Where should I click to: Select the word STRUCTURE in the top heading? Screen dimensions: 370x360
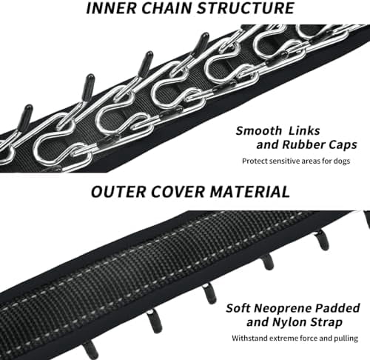(x=246, y=8)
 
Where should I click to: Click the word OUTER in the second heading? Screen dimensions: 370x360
(x=118, y=192)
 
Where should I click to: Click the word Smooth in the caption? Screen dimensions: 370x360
(x=258, y=130)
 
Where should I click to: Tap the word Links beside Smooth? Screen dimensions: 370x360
(x=305, y=130)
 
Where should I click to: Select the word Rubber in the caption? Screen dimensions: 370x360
(x=304, y=144)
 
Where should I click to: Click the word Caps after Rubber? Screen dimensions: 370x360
(x=343, y=145)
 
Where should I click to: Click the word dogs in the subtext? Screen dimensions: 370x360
(x=342, y=161)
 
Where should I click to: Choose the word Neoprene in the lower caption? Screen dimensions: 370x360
(x=283, y=308)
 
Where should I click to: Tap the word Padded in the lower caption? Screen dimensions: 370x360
(x=338, y=308)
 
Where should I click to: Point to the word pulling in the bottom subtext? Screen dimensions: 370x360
(x=346, y=339)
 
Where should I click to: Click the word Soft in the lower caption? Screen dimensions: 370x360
(x=238, y=308)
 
